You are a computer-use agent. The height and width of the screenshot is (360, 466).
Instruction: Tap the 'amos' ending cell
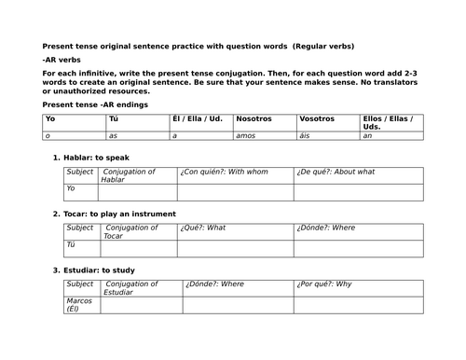click(265, 135)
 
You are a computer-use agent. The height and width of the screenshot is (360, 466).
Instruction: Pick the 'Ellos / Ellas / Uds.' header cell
click(391, 122)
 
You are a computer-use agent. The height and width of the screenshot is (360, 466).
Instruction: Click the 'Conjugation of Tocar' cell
click(137, 231)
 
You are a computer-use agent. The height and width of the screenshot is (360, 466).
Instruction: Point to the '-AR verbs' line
click(62, 60)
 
